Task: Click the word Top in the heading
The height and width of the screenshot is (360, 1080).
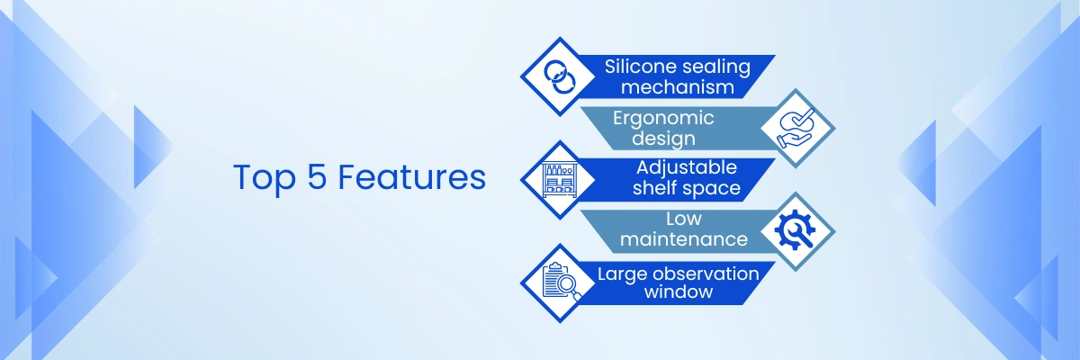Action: coord(265,178)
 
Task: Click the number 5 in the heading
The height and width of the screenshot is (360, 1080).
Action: coord(317,177)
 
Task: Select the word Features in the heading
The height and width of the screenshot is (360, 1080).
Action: coord(412,177)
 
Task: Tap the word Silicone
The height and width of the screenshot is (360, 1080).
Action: coord(636,67)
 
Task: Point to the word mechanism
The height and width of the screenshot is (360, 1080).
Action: coord(678,87)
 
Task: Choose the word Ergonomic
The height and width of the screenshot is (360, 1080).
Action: coord(663,119)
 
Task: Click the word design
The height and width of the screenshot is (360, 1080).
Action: coord(664,139)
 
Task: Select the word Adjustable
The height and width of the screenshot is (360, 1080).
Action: coord(687,167)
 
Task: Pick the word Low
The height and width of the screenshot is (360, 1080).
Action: coord(684,219)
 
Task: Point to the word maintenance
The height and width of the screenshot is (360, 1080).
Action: coord(684,239)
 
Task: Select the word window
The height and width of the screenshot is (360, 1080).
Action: coord(679,292)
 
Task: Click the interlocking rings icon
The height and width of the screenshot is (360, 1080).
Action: coord(559,76)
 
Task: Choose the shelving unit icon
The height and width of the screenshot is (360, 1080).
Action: coord(559,180)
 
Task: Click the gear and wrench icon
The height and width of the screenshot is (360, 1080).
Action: coord(796,231)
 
